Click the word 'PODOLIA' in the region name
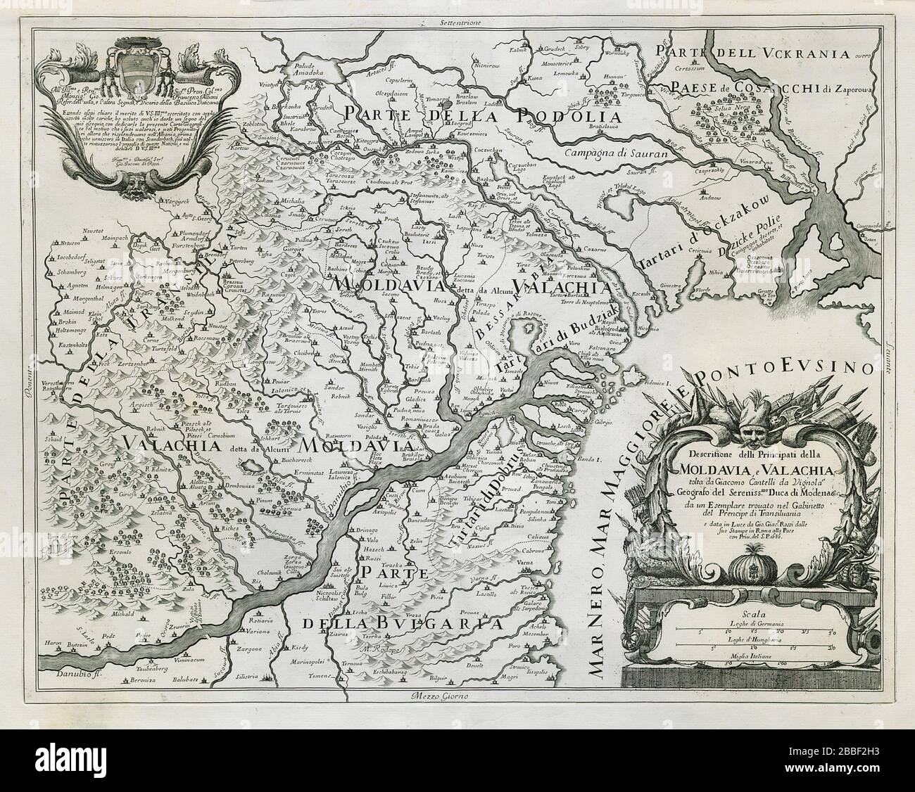570,117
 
